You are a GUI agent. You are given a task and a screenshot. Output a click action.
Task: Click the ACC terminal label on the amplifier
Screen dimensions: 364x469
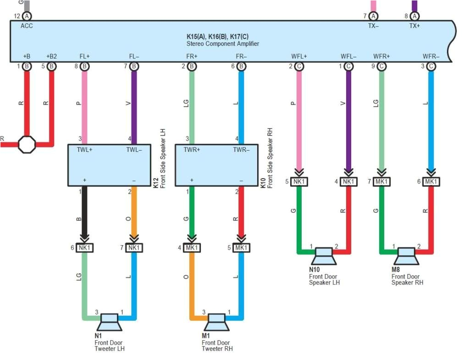27,26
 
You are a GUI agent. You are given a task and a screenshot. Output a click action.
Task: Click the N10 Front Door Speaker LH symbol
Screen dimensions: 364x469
324,256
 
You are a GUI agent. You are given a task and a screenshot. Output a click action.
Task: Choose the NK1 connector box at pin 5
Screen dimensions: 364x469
299,182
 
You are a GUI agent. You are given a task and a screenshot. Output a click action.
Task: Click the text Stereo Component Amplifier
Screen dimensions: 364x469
223,44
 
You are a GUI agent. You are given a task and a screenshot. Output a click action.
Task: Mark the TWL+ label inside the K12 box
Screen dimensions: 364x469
84,150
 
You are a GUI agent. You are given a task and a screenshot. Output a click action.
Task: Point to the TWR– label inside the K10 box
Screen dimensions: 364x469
241,150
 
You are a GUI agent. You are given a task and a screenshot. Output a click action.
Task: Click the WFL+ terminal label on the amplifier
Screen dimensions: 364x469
299,56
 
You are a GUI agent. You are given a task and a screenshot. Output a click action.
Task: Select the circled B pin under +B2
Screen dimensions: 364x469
51,67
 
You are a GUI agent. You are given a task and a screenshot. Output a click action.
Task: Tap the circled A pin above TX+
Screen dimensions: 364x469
414,17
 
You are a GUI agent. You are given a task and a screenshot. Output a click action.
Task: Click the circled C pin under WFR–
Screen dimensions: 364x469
431,67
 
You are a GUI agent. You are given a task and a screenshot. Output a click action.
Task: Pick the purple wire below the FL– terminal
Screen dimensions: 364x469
134,106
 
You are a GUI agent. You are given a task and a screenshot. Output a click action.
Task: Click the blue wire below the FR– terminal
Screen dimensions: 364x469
241,106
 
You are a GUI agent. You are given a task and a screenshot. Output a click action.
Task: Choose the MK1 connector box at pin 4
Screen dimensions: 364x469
192,248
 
